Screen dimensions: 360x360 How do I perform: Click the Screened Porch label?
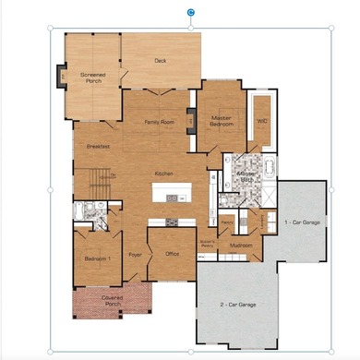(93, 78)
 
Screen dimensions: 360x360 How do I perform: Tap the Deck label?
(160, 62)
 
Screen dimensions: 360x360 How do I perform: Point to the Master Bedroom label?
(221, 121)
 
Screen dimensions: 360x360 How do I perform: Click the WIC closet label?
(261, 121)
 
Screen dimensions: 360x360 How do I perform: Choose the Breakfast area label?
(99, 147)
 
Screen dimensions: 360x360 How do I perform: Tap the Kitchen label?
(164, 174)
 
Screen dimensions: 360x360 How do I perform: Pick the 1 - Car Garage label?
(302, 222)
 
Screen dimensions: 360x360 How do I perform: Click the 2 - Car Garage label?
(238, 304)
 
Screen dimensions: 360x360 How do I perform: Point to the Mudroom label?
(241, 246)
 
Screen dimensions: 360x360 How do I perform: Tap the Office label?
(172, 254)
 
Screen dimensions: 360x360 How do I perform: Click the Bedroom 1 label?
(98, 259)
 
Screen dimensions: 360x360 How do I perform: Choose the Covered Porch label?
(112, 301)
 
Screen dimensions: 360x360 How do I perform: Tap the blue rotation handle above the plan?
(191, 12)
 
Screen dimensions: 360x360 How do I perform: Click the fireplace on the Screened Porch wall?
(60, 76)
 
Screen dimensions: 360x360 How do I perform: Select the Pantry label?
(226, 222)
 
